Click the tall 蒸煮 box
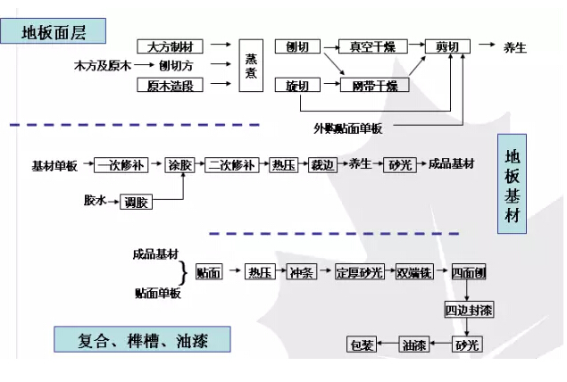(x=252, y=64)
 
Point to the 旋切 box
(x=297, y=86)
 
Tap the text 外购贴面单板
(x=347, y=128)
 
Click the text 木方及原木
(x=102, y=65)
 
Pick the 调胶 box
(x=138, y=203)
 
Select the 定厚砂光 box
(x=360, y=272)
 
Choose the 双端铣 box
(x=414, y=272)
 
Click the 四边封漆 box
(x=469, y=310)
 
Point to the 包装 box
(x=363, y=345)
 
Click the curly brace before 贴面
(x=183, y=272)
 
